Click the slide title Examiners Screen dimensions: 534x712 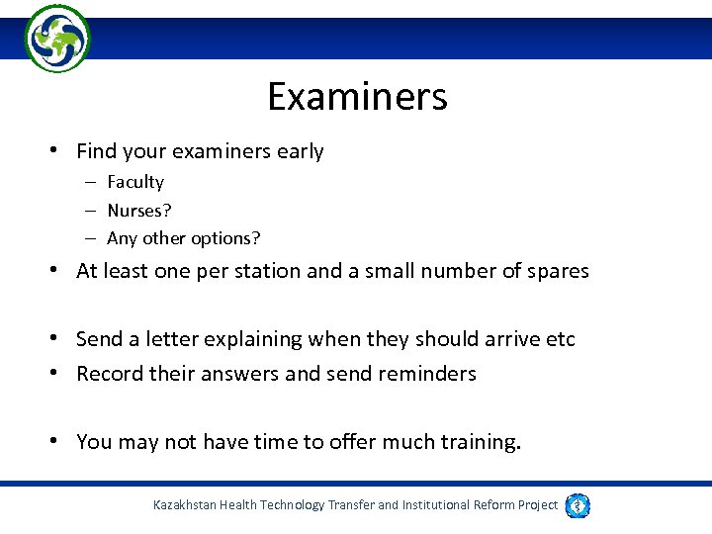tap(357, 97)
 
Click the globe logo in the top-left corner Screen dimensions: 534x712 tap(57, 39)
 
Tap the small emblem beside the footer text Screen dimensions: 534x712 tap(578, 505)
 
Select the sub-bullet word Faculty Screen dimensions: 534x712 tap(135, 182)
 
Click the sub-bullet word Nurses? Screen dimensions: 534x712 tap(139, 211)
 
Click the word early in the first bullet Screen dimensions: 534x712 tap(301, 151)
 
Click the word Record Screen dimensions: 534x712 tap(107, 374)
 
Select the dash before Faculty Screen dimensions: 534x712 tap(89, 182)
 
